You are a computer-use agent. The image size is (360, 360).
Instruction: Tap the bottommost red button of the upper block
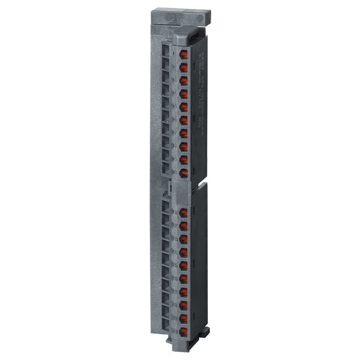coord(184,172)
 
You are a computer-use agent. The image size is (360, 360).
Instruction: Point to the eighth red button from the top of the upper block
coord(184,146)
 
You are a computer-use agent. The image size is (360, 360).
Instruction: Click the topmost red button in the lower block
coord(184,212)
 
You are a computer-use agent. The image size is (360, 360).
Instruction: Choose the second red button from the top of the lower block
coord(184,226)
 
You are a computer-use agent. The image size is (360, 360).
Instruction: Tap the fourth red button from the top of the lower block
coord(184,252)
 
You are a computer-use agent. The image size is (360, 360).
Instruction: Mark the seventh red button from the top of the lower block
coord(184,292)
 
